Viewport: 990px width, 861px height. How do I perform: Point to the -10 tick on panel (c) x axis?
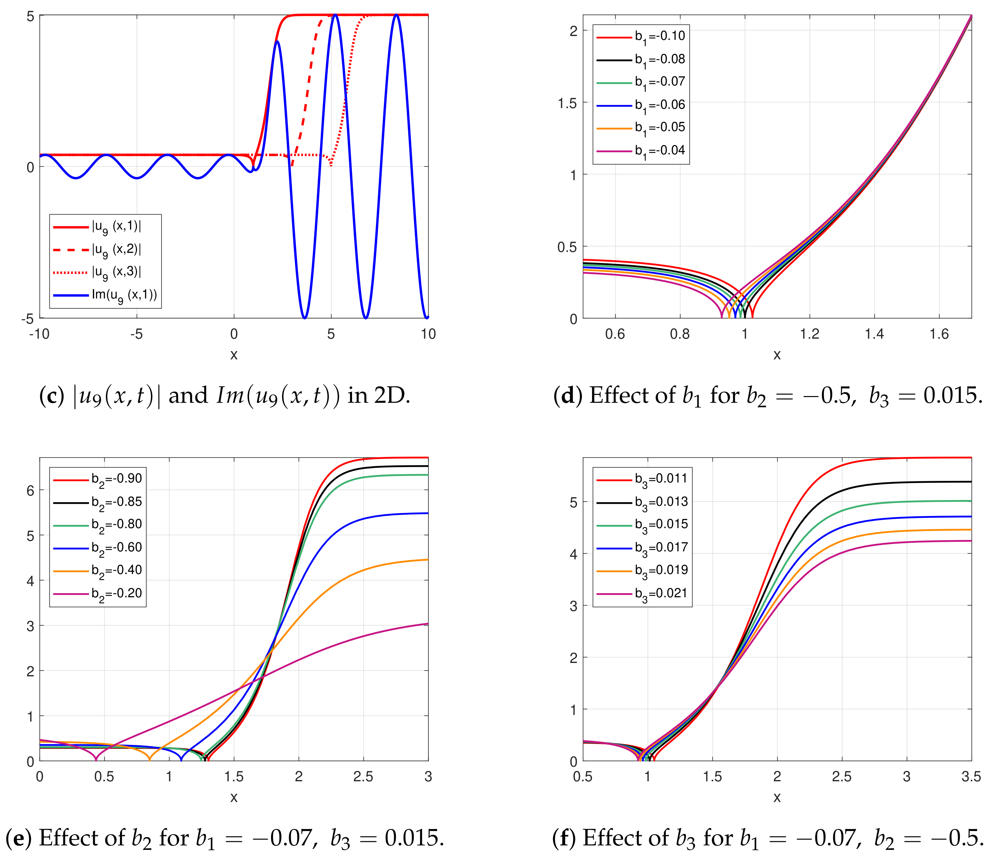[x=40, y=335]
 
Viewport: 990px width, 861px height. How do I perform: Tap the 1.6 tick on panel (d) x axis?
[x=939, y=335]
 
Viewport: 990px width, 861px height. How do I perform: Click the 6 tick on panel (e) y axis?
[x=30, y=490]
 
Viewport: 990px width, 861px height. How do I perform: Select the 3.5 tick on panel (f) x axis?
[x=971, y=777]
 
